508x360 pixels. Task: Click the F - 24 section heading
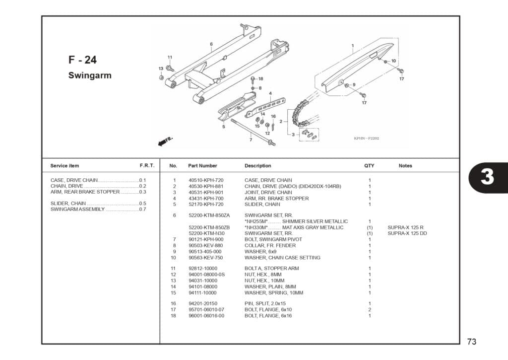[82, 60]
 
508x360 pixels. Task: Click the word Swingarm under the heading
[90, 76]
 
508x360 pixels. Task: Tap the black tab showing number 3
[487, 177]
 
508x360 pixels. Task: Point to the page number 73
[471, 342]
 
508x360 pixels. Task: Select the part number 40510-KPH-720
[206, 180]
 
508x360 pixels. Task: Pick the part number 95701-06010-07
[206, 310]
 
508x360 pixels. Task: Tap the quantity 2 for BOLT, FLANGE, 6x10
[370, 310]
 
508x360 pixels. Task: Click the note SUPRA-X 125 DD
[407, 233]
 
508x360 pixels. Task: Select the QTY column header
[369, 166]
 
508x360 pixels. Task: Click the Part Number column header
[202, 166]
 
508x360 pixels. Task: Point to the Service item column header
[64, 166]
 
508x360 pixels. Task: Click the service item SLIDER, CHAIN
[68, 204]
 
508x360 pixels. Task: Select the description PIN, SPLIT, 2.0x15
[265, 303]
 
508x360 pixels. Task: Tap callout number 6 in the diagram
[211, 44]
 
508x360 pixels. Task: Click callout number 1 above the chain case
[353, 46]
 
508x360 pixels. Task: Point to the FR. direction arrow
[164, 142]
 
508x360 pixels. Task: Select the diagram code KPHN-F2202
[367, 139]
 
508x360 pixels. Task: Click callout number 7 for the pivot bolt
[251, 140]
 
